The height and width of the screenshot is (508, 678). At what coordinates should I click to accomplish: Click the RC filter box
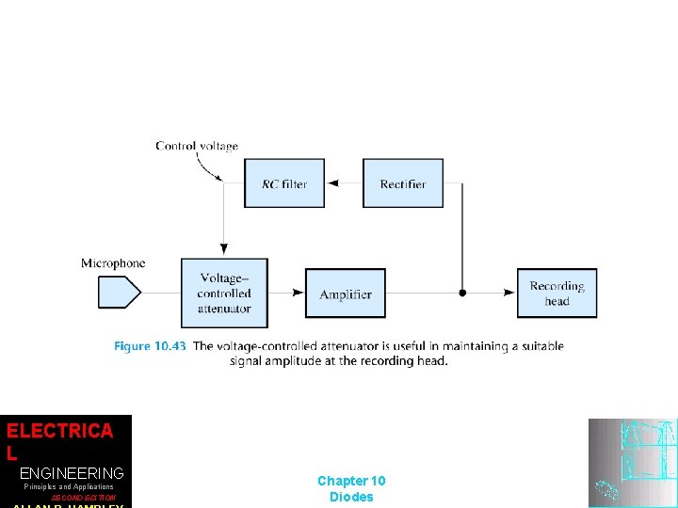tap(283, 183)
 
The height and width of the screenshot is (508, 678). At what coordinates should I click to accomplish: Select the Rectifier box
tap(403, 183)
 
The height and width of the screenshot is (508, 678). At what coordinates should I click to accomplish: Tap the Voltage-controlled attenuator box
tap(224, 293)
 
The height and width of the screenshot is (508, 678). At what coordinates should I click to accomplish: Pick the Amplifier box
tap(346, 294)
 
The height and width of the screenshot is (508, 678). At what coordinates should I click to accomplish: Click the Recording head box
tap(557, 293)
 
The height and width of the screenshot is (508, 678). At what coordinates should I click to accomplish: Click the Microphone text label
tap(113, 263)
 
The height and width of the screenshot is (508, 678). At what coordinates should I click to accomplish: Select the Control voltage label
tap(197, 146)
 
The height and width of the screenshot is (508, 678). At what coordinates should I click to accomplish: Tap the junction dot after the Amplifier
tap(461, 294)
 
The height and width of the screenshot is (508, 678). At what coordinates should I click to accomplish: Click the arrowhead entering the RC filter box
tap(330, 183)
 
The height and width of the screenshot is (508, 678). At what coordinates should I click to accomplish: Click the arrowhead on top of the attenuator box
tap(224, 250)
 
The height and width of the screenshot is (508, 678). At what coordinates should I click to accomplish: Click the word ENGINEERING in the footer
tap(72, 472)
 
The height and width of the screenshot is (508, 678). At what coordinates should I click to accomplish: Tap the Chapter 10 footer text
tap(351, 481)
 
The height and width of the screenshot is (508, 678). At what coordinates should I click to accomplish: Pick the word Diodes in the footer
tap(351, 497)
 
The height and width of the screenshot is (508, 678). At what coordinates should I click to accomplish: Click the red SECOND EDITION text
tap(83, 498)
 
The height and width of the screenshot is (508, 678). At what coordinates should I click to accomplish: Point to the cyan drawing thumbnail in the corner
tap(632, 463)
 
